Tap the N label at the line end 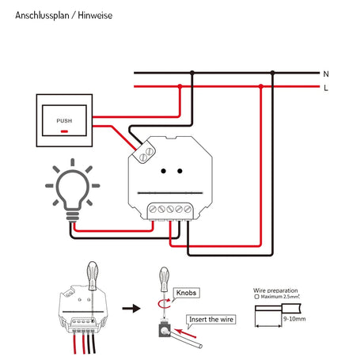click(325, 74)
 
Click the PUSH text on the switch click(64, 120)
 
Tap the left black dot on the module click(162, 170)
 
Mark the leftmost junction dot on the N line click(189, 73)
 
